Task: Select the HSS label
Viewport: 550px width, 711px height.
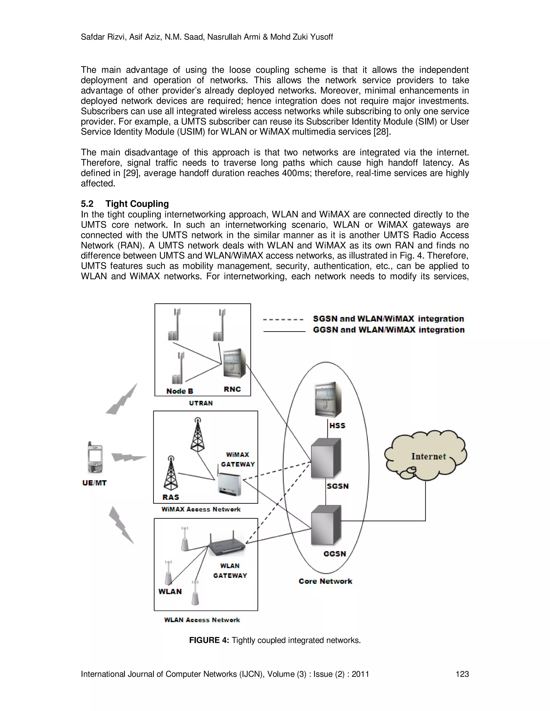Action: [337, 426]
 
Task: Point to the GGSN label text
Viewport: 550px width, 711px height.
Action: [335, 554]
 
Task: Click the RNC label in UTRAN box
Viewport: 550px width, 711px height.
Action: [232, 389]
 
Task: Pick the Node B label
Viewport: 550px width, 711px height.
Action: [180, 391]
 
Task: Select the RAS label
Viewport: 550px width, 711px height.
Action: [171, 497]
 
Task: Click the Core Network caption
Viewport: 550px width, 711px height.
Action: [325, 581]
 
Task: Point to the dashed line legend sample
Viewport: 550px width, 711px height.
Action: [283, 319]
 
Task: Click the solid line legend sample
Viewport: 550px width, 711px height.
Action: [284, 331]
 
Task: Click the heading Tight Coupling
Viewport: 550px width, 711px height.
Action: [137, 204]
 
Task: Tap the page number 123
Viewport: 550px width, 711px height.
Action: [462, 674]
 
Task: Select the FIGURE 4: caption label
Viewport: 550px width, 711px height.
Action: [209, 640]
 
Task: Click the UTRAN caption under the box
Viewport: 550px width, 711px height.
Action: [201, 403]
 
